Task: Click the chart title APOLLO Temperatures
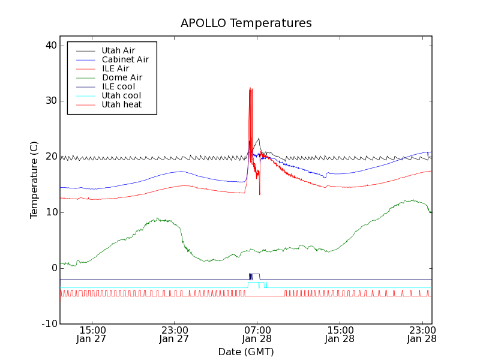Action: pyautogui.click(x=246, y=23)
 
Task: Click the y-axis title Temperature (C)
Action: pyautogui.click(x=34, y=180)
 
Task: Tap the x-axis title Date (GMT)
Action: pyautogui.click(x=246, y=352)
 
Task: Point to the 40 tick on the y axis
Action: pyautogui.click(x=50, y=46)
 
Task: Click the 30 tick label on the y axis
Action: pyautogui.click(x=50, y=101)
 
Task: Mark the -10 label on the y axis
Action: pyautogui.click(x=48, y=324)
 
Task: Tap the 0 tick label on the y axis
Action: pyautogui.click(x=53, y=268)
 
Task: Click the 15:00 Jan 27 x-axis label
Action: pyautogui.click(x=92, y=334)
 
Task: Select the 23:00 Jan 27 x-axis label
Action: pyautogui.click(x=175, y=334)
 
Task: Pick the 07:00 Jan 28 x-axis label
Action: pyautogui.click(x=257, y=334)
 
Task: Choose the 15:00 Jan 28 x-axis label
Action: pyautogui.click(x=340, y=334)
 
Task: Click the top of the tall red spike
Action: pyautogui.click(x=250, y=88)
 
